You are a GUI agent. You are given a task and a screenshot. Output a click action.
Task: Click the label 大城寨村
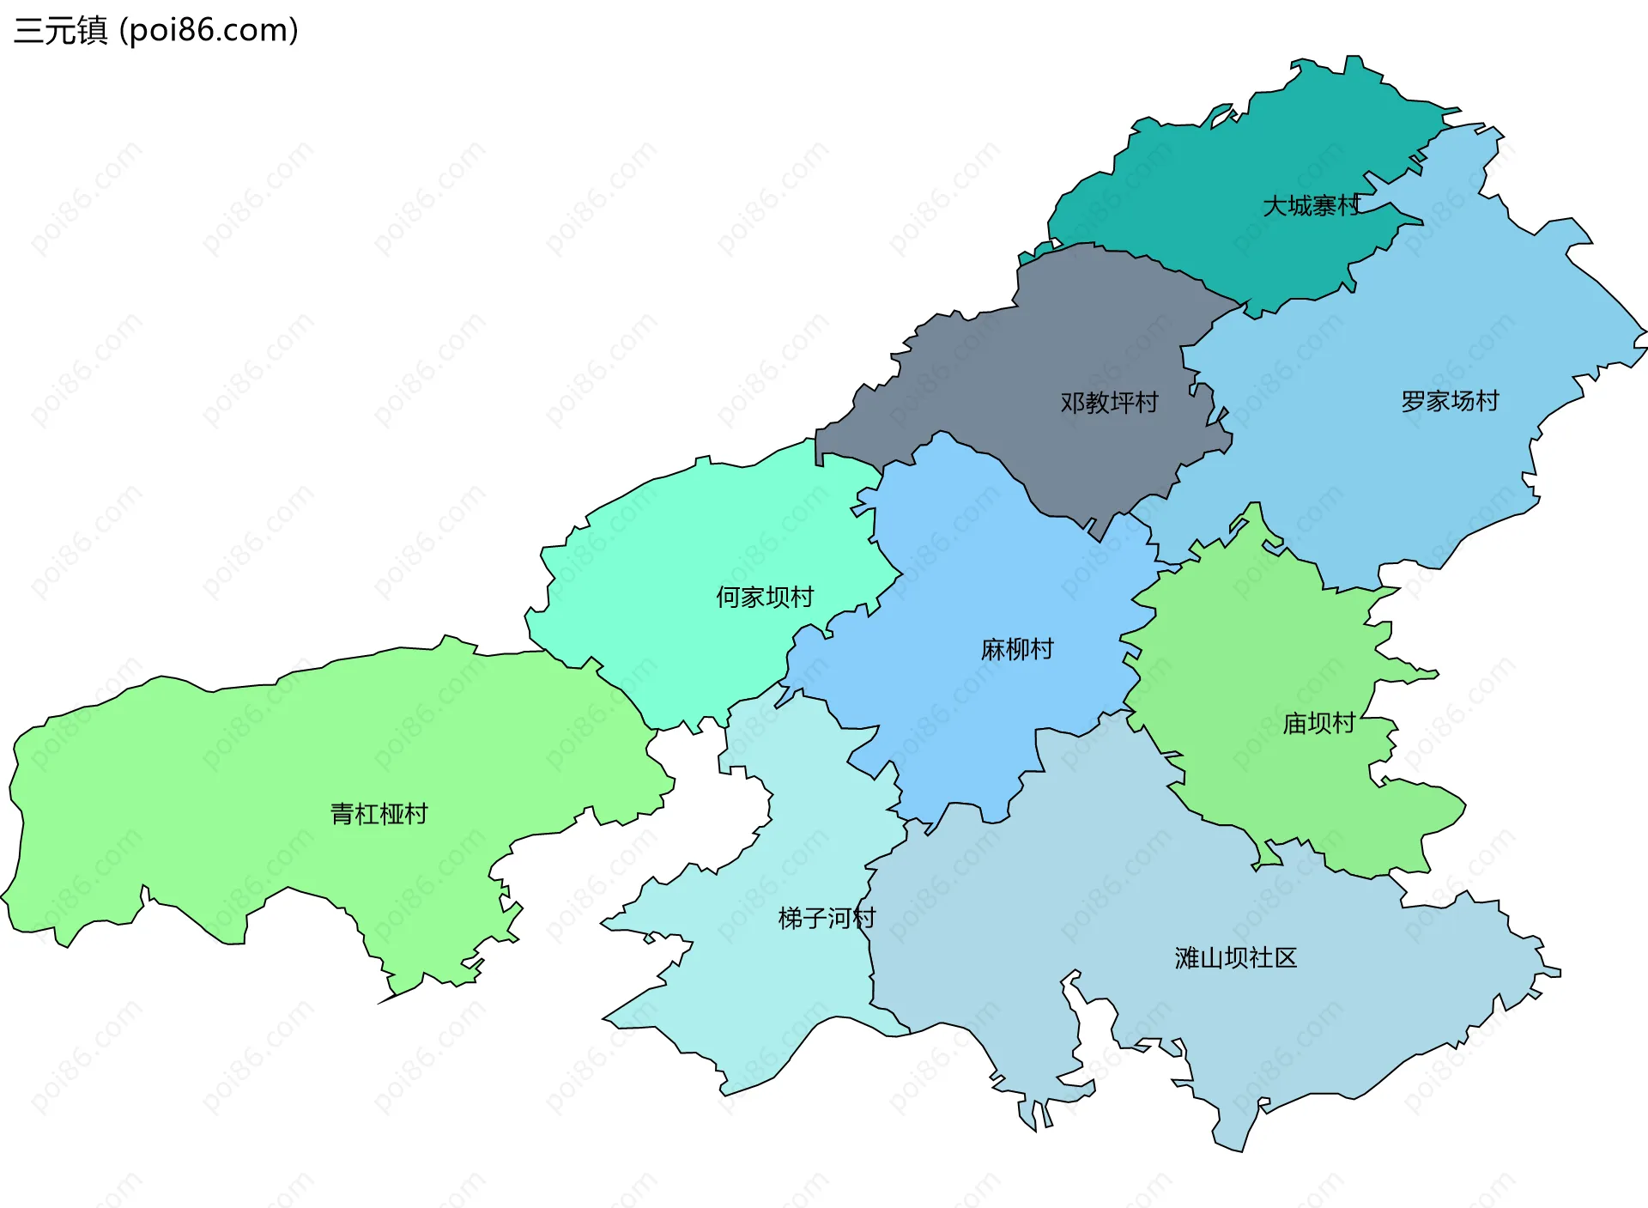1311,206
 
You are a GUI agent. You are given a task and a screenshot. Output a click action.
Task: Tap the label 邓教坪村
1109,403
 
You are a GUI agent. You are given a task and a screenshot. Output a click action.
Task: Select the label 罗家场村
1450,401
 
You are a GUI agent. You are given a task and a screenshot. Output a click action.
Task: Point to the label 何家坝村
765,597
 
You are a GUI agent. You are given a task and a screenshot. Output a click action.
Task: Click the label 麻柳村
1017,649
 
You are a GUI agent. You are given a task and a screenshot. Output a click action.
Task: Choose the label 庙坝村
1318,724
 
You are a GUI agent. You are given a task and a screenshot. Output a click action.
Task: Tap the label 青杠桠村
379,814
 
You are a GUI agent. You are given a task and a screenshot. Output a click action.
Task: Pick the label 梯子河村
827,919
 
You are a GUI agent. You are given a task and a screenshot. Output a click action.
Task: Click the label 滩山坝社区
1236,958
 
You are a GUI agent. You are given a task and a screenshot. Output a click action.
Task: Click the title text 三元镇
60,31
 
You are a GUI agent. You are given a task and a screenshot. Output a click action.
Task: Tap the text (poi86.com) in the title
209,31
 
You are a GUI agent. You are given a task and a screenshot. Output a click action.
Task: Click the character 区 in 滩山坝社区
1286,958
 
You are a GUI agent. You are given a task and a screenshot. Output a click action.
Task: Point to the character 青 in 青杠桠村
342,814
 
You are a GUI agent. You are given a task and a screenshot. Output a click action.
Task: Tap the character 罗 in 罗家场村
1414,401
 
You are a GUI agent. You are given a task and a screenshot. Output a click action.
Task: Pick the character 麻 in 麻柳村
993,649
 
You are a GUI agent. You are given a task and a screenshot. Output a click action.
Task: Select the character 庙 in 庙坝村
1294,724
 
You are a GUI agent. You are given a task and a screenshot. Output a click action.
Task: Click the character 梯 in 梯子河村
791,919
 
